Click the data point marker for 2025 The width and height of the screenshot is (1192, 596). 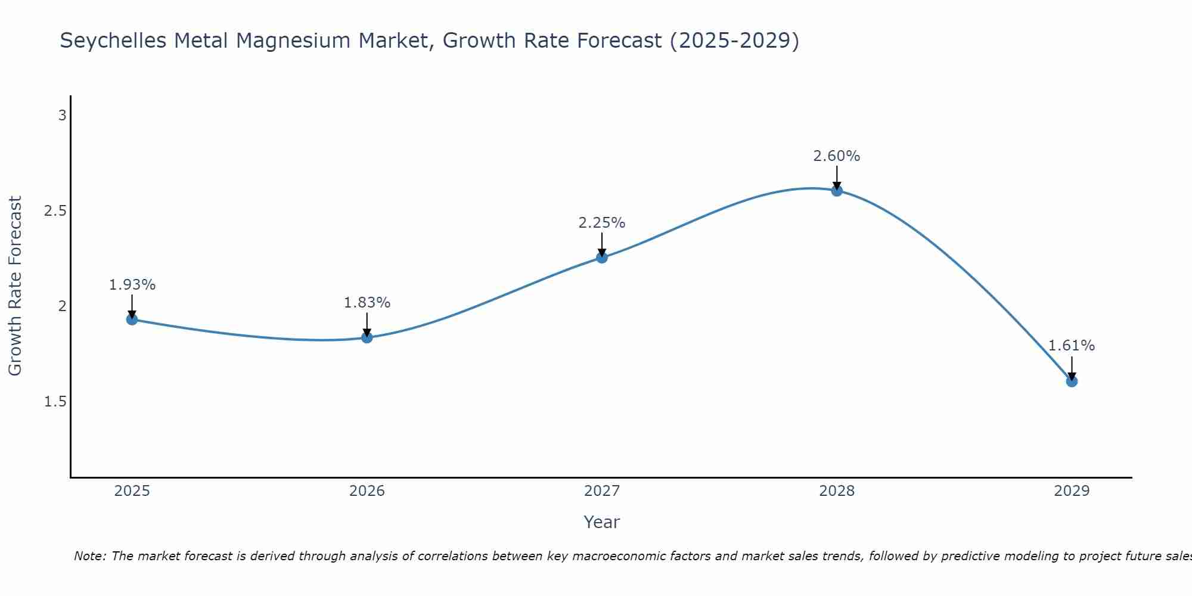tap(132, 319)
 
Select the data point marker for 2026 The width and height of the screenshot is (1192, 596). tap(367, 337)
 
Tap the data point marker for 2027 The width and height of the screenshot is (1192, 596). tap(602, 257)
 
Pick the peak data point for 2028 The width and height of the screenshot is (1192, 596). tap(837, 191)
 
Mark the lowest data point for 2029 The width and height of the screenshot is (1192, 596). tap(1072, 381)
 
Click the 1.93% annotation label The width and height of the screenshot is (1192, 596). tap(132, 285)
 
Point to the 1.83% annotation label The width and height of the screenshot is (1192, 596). tap(367, 303)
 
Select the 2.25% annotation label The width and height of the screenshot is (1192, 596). tap(602, 223)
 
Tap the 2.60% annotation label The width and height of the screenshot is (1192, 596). tap(837, 156)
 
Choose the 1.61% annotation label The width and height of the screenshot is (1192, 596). tap(1072, 346)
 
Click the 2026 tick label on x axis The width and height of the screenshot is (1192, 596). tap(367, 491)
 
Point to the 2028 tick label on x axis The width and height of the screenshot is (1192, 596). tap(837, 491)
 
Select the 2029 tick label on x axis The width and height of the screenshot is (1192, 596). tap(1072, 491)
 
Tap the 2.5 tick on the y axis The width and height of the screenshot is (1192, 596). tap(55, 211)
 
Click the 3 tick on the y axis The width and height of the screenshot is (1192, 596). tap(62, 116)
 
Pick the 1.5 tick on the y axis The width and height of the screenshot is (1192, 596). tap(55, 402)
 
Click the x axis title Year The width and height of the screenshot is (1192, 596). tap(602, 522)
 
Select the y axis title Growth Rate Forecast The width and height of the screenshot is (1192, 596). tap(15, 286)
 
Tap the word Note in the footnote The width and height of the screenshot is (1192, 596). tap(89, 556)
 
